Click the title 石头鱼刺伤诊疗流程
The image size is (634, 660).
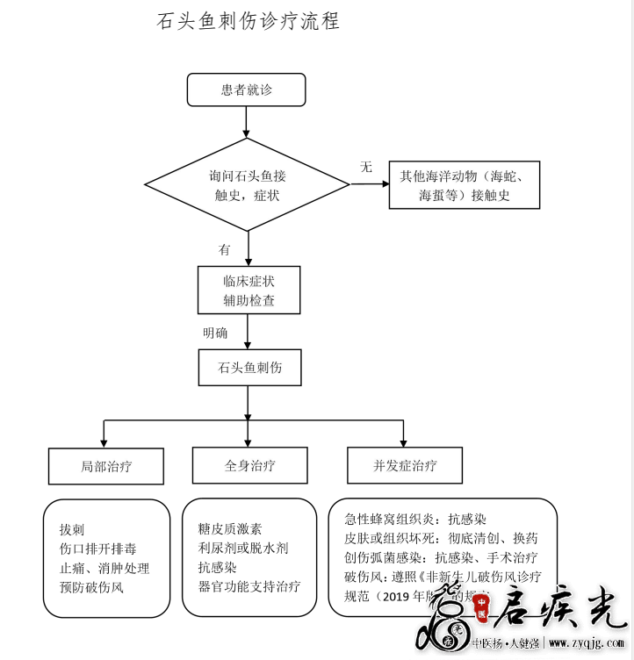(x=248, y=22)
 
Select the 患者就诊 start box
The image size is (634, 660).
(x=246, y=90)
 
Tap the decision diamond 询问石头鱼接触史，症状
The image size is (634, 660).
(x=247, y=185)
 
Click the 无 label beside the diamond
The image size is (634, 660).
(x=366, y=167)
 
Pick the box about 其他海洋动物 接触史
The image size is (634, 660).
(x=464, y=185)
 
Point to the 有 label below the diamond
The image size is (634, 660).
(x=224, y=249)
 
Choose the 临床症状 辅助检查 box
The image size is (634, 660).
(x=249, y=291)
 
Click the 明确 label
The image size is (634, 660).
(x=215, y=333)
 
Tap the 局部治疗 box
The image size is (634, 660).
(x=106, y=466)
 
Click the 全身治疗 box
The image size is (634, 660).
(x=249, y=465)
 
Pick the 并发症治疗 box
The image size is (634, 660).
(x=405, y=465)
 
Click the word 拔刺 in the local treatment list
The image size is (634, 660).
(x=72, y=529)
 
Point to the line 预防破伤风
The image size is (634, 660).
(x=91, y=587)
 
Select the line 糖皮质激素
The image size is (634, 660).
(x=230, y=529)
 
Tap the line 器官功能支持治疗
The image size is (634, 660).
(x=249, y=586)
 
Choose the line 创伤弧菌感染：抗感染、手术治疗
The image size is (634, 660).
(x=442, y=557)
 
